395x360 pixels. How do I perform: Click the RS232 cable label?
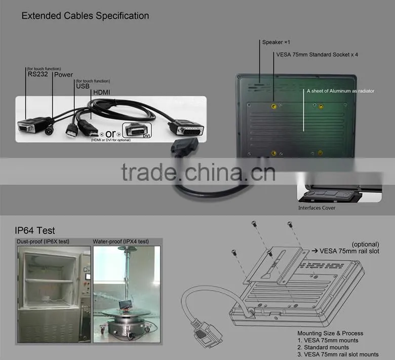coord(38,74)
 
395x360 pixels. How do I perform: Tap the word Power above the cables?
coord(63,75)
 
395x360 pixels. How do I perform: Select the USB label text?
coord(83,86)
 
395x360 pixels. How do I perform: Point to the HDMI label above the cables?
coord(101,93)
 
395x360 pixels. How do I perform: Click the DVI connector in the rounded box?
coord(137,131)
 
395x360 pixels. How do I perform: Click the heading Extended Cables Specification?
coord(85,16)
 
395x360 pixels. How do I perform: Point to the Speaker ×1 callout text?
coord(276,43)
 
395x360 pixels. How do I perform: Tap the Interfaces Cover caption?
coord(317,208)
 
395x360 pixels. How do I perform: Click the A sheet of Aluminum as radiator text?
coord(341,91)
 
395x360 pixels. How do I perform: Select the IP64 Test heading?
coord(35,230)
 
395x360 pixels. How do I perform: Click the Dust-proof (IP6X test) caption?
coord(43,242)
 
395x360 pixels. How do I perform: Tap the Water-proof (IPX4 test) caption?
coord(121,242)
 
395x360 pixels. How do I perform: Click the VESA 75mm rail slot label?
coord(349,251)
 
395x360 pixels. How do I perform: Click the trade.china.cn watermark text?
coord(198,172)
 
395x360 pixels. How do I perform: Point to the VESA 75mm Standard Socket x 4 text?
coord(317,55)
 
